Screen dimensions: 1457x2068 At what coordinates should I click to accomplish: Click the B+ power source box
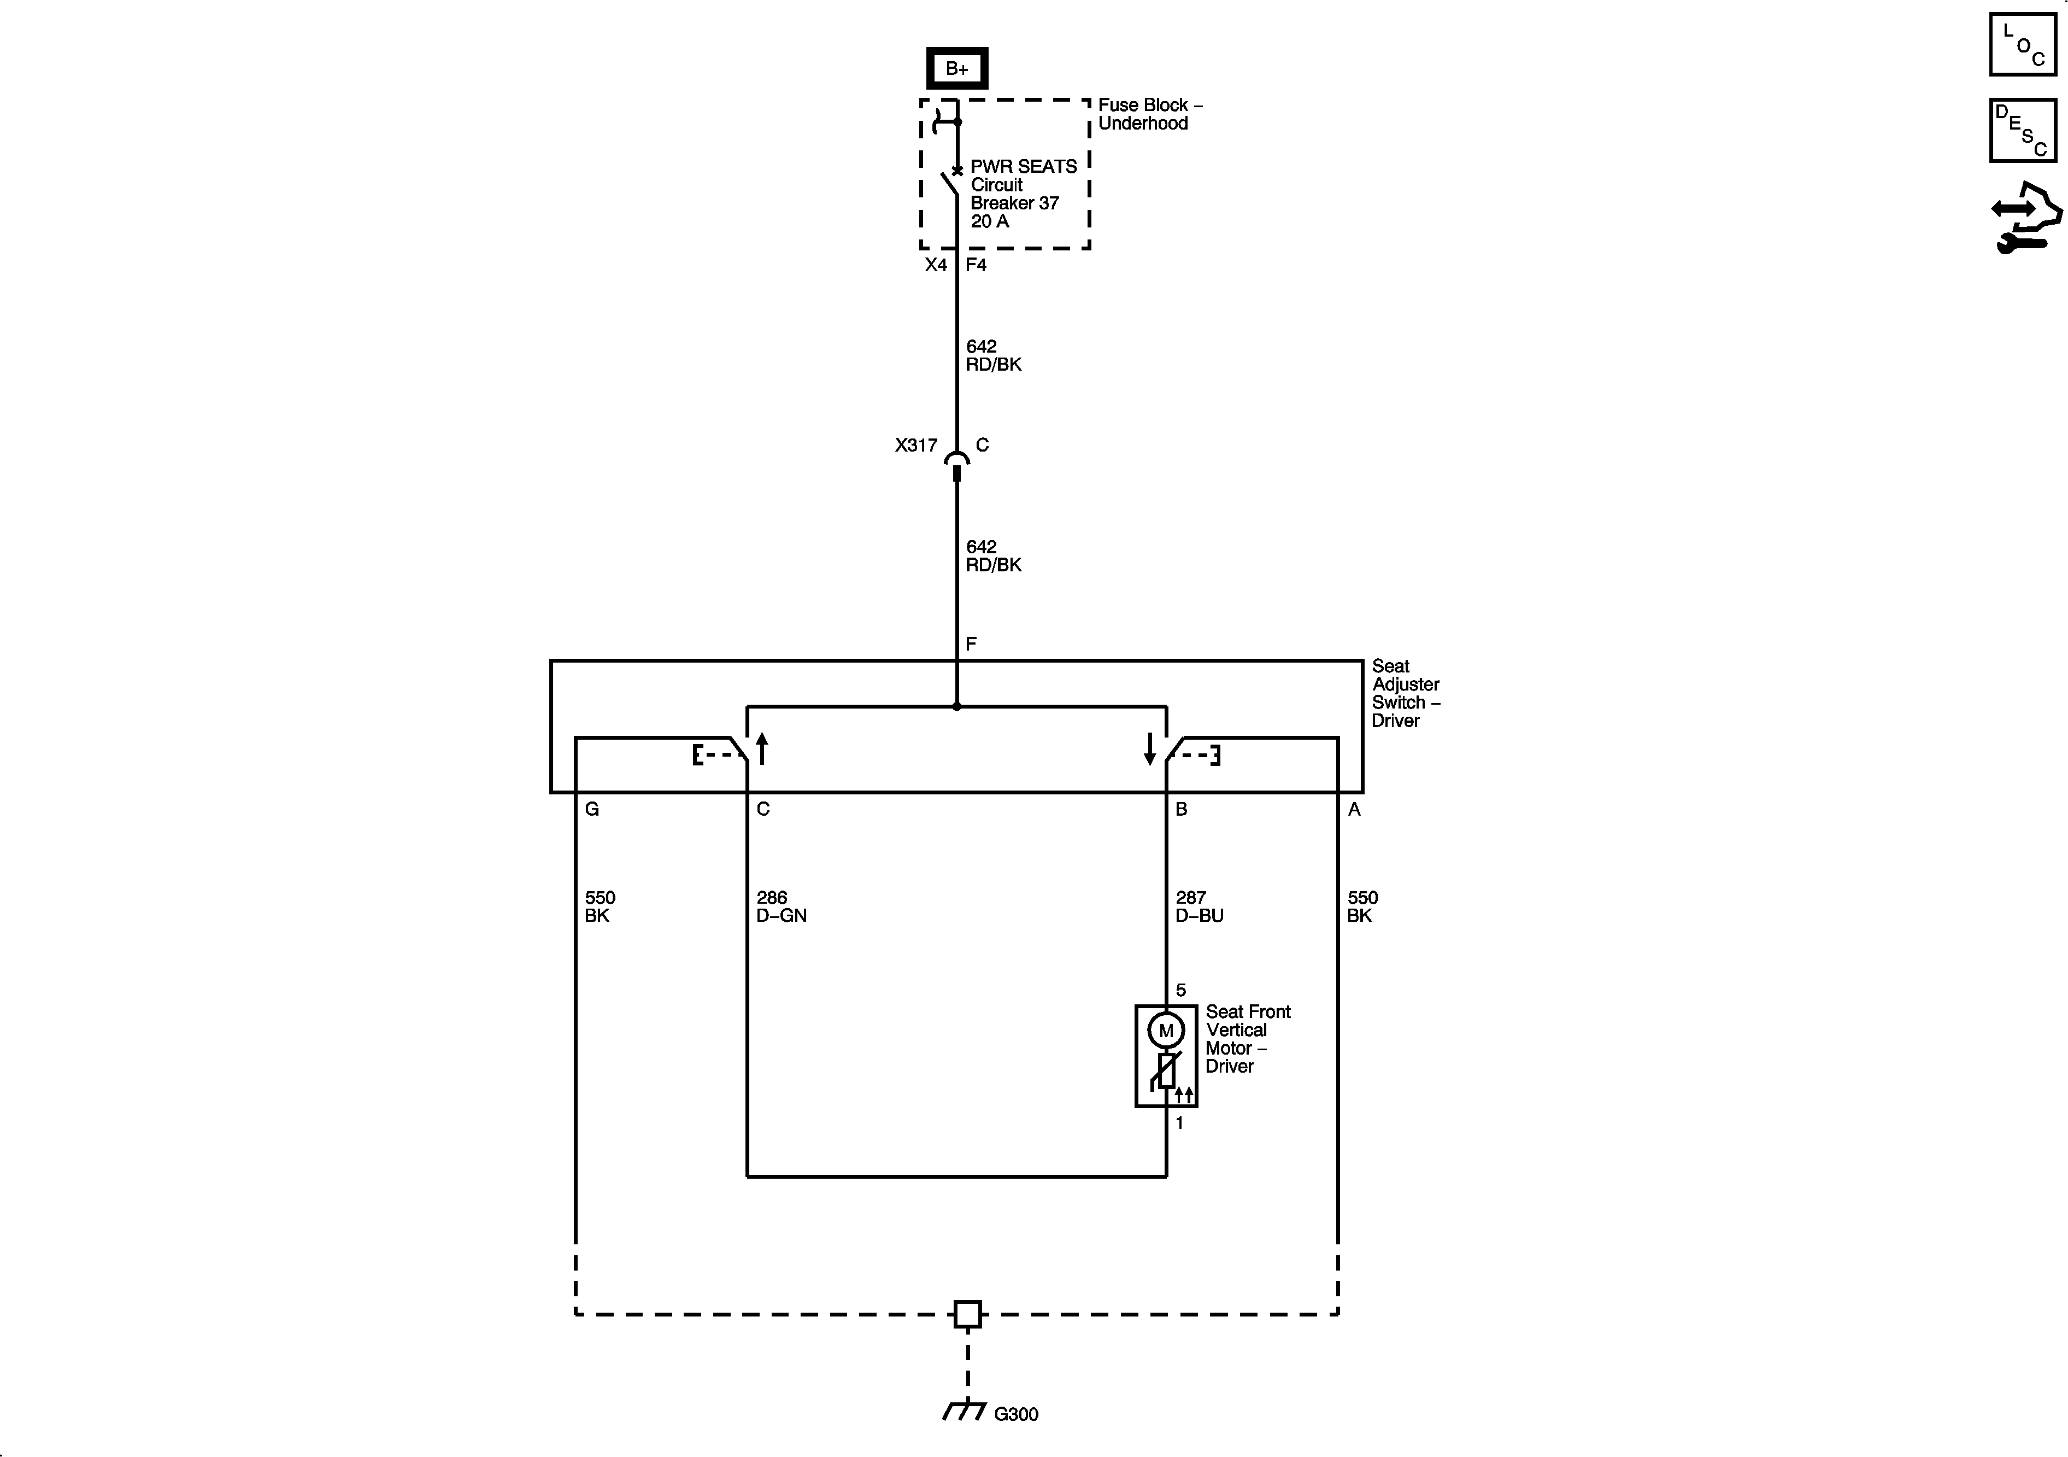click(956, 68)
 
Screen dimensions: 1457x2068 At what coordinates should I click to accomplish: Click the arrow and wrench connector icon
click(2025, 217)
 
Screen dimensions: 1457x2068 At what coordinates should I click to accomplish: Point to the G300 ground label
click(1016, 1415)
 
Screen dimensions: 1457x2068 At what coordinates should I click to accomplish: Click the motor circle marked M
click(1166, 1030)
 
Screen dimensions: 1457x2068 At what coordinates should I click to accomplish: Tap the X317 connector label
click(916, 445)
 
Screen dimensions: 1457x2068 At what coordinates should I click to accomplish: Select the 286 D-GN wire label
click(781, 906)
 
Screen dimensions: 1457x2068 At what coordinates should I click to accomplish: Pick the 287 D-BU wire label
click(1199, 906)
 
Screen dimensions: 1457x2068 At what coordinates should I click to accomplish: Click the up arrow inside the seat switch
click(762, 748)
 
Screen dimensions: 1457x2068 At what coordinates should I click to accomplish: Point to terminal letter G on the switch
click(592, 809)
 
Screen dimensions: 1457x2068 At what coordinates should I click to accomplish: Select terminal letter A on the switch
click(1354, 809)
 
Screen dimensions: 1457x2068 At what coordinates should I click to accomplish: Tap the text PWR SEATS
click(1023, 167)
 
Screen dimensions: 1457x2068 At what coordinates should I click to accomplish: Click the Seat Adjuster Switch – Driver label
click(1405, 693)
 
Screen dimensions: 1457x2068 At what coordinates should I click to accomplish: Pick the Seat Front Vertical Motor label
click(1248, 1039)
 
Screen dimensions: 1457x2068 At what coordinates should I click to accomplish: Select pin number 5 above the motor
click(1181, 990)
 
